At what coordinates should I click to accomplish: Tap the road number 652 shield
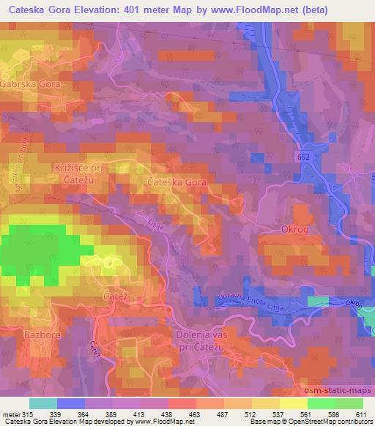pos(305,157)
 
